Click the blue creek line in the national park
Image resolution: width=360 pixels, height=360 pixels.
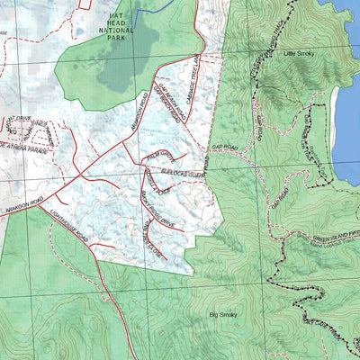click(x=153, y=7)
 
